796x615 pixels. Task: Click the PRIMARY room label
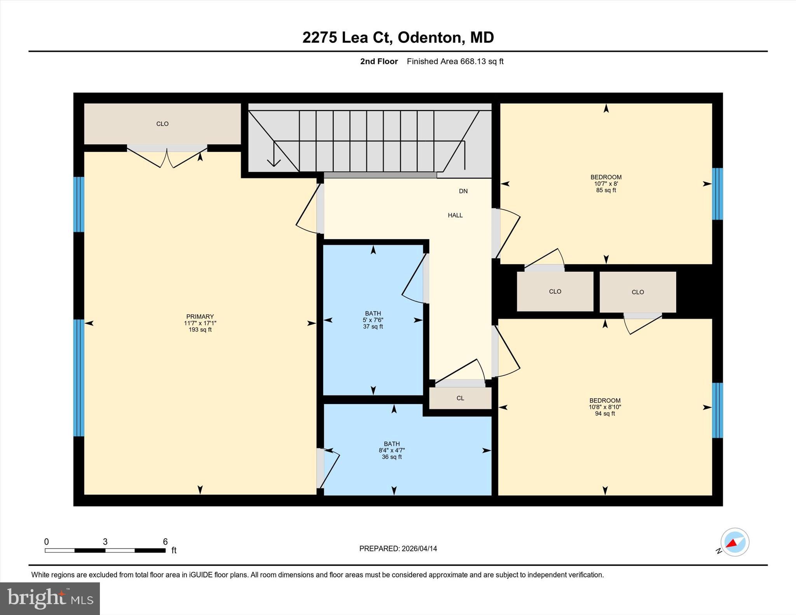pyautogui.click(x=200, y=322)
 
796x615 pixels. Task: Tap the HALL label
pyautogui.click(x=455, y=215)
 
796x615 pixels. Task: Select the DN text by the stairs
pyautogui.click(x=463, y=191)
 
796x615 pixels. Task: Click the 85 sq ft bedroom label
pyautogui.click(x=606, y=183)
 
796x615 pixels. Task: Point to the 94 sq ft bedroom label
pyautogui.click(x=605, y=407)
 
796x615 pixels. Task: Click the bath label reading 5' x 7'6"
pyautogui.click(x=373, y=320)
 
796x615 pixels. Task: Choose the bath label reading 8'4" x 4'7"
pyautogui.click(x=392, y=450)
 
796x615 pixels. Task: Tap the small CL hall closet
pyautogui.click(x=460, y=398)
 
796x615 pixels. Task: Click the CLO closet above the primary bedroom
pyautogui.click(x=162, y=124)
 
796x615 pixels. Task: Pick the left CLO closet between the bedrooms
pyautogui.click(x=555, y=291)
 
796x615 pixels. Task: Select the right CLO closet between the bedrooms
pyautogui.click(x=637, y=292)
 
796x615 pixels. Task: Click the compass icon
pyautogui.click(x=735, y=542)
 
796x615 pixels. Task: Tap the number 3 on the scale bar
pyautogui.click(x=105, y=542)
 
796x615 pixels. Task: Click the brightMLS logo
pyautogui.click(x=50, y=598)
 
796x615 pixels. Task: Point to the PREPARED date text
pyautogui.click(x=398, y=549)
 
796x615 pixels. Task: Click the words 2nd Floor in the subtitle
pyautogui.click(x=379, y=61)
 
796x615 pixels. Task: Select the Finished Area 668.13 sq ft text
pyautogui.click(x=455, y=61)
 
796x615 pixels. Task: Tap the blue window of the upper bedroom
pyautogui.click(x=717, y=194)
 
